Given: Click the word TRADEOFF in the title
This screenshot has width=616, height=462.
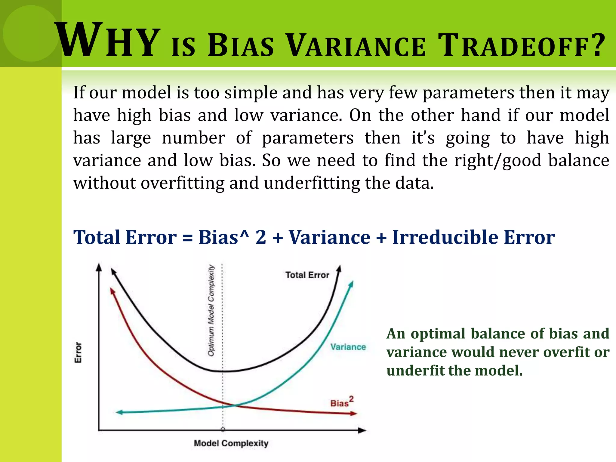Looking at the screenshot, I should click(x=513, y=46).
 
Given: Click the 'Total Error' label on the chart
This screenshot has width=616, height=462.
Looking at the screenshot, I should click(x=307, y=275).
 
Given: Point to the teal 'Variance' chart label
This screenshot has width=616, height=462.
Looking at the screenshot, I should click(x=348, y=347).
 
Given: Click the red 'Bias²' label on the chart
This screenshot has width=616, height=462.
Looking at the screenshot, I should click(x=342, y=402).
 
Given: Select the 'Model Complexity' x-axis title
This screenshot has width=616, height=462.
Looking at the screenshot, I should click(x=231, y=443).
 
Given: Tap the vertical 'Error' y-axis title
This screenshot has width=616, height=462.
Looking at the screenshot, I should click(x=78, y=352).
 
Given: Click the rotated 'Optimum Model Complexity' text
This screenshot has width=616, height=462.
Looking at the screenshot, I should click(x=211, y=310).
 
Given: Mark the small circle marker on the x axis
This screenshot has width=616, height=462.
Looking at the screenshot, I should click(x=223, y=430).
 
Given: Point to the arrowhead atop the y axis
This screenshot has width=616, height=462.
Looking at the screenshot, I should click(x=99, y=267).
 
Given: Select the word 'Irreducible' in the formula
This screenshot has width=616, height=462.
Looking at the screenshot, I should click(x=445, y=237).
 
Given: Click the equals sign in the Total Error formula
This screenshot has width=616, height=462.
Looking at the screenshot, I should click(x=187, y=238).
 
